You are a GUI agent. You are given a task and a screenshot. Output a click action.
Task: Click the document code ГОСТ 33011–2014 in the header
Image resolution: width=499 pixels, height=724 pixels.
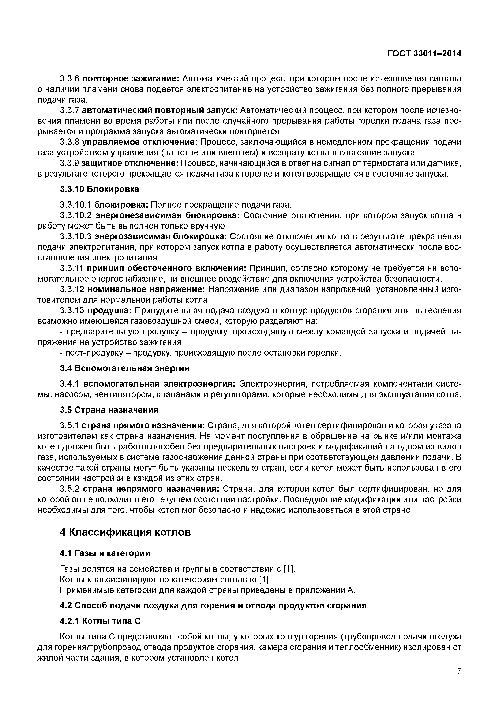point(424,54)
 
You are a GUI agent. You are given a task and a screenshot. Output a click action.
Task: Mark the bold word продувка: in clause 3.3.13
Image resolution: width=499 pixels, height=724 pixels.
point(110,311)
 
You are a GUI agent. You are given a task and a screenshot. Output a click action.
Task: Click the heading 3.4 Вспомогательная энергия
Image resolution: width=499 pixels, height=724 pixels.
point(124,368)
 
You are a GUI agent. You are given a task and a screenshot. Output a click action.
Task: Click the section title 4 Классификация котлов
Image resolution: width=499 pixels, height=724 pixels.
point(125,532)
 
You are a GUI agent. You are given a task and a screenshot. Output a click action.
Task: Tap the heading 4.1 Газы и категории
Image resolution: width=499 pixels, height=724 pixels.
point(105,553)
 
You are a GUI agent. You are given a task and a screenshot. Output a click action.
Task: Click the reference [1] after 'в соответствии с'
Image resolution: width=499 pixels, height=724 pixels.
point(289,569)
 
